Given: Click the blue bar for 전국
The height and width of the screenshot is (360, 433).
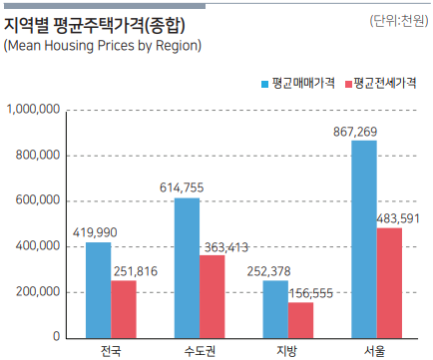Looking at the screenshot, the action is tap(99, 290).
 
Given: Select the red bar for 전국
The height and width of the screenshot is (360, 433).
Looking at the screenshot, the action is tap(124, 309).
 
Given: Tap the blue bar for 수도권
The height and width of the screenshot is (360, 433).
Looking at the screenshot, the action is tap(188, 268).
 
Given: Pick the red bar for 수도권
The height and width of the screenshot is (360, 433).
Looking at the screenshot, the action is tap(213, 297).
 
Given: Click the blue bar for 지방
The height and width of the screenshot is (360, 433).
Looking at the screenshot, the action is tap(275, 309).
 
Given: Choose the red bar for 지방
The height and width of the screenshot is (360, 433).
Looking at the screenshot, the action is tap(300, 320).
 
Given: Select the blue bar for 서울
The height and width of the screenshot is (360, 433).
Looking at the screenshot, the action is tap(364, 239).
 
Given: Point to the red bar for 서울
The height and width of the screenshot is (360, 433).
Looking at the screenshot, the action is tap(389, 283).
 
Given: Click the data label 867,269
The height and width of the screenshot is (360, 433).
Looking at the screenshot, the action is tap(355, 132).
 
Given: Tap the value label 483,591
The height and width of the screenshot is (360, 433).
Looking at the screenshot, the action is tap(398, 219).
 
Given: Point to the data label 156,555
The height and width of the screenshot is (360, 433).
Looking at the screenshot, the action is tap(311, 293).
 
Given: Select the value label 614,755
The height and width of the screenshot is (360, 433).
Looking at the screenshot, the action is tap(182, 187).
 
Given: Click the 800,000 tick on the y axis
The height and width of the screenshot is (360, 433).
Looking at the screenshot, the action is tap(38, 155).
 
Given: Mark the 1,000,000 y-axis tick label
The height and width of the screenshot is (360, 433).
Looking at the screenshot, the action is tap(33, 110).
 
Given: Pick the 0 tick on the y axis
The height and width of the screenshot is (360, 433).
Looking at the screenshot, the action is tap(57, 336).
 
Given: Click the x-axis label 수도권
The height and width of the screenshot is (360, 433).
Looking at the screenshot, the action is tap(200, 351).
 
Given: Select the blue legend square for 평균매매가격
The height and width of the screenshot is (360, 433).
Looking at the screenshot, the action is tap(264, 84).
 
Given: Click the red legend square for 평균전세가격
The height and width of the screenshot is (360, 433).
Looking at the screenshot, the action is tap(348, 84).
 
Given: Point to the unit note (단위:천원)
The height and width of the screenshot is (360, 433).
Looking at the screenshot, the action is tap(399, 21).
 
